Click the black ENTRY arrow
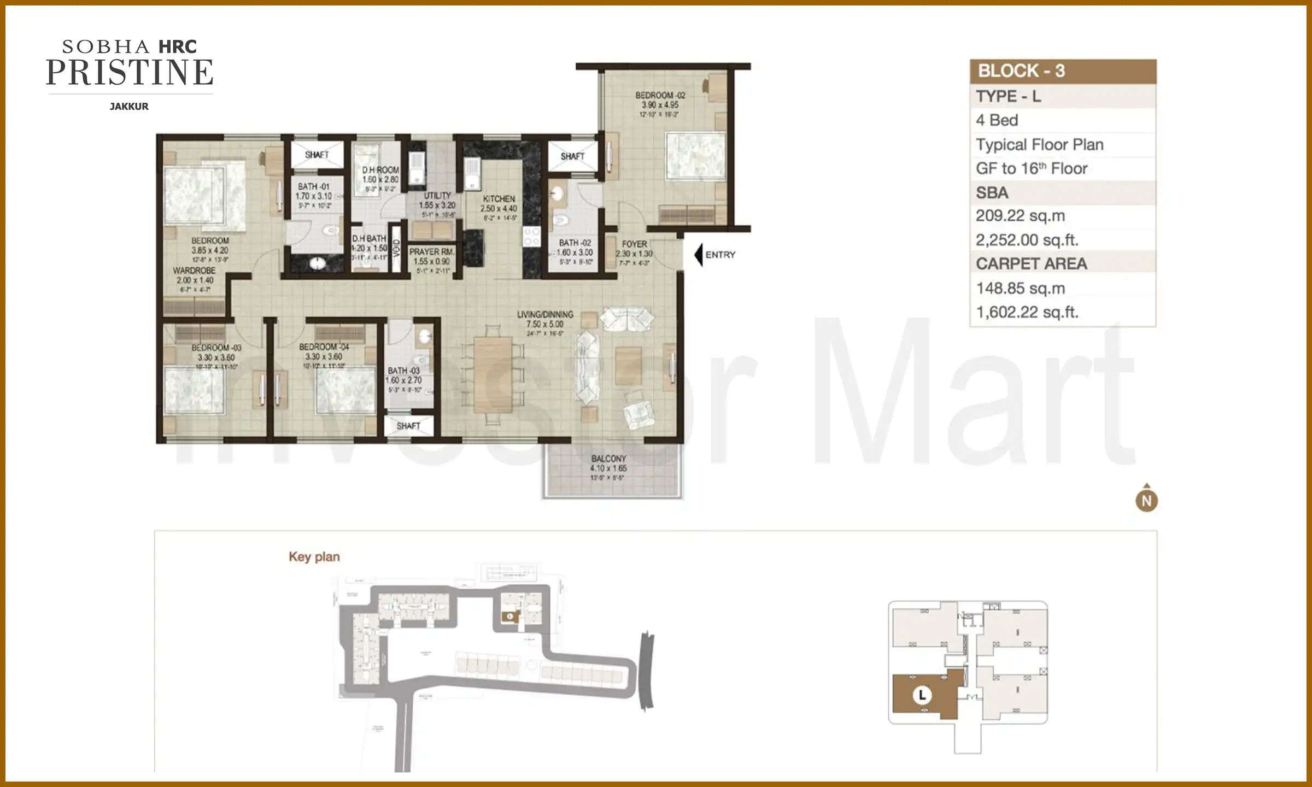[698, 255]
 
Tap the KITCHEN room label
[499, 199]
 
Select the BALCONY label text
[608, 459]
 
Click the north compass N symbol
[1146, 500]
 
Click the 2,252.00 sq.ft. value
[1027, 240]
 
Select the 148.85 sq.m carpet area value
[1020, 288]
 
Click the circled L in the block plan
[922, 695]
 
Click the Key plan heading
[314, 556]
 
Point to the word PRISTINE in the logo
[130, 73]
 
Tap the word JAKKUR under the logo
[129, 107]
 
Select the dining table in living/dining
[493, 374]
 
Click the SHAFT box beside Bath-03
[408, 426]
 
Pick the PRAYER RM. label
[431, 252]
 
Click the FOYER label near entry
[634, 244]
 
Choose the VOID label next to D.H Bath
[397, 249]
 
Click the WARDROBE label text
[194, 271]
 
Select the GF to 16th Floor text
[1031, 168]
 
